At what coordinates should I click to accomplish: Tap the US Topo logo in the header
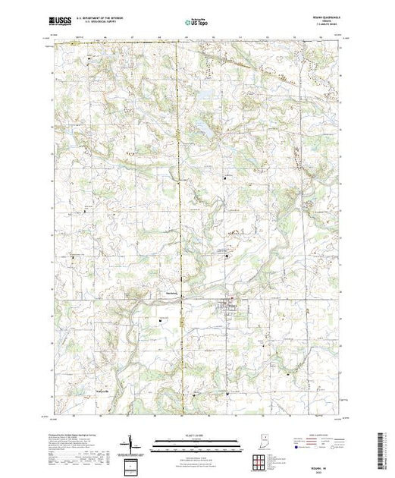click(x=197, y=24)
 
